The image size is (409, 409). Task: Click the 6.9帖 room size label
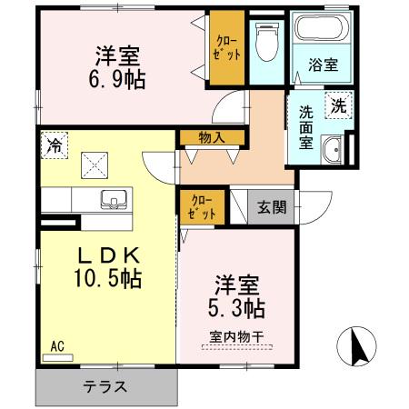point(118,80)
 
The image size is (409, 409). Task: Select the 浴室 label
point(324,65)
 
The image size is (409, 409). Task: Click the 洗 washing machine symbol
point(338,105)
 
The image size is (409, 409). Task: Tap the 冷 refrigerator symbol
point(55,143)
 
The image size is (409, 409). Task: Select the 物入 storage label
point(212,137)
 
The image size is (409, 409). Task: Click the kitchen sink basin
point(115,199)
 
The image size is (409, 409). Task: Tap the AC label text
point(56,346)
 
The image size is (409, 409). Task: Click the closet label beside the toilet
point(227,47)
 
